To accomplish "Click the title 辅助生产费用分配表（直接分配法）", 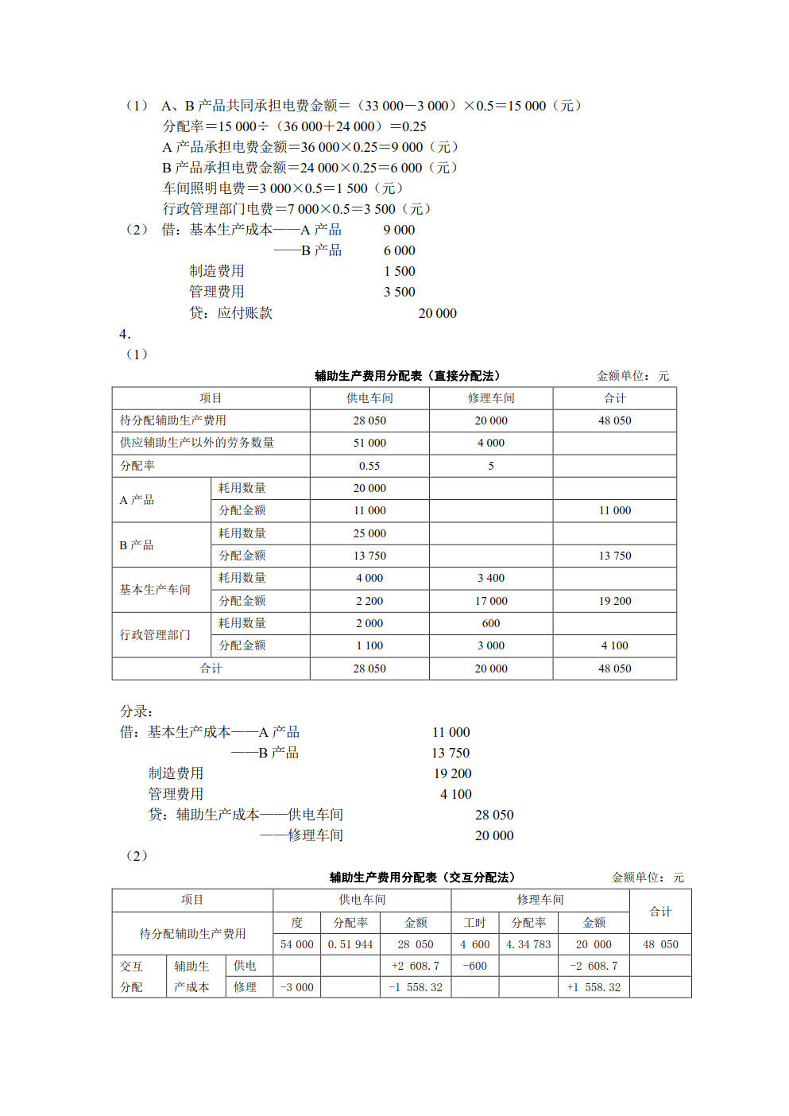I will pyautogui.click(x=407, y=376).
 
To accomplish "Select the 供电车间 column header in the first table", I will pyautogui.click(x=369, y=398).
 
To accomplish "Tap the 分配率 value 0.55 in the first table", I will pyautogui.click(x=369, y=466).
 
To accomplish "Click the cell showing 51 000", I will pyautogui.click(x=369, y=443).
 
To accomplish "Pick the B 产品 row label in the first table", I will pyautogui.click(x=137, y=545).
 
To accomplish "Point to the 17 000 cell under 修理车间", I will pyautogui.click(x=491, y=601).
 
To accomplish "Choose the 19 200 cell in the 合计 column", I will pyautogui.click(x=615, y=601).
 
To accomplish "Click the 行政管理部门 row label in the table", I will pyautogui.click(x=155, y=635).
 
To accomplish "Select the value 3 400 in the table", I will pyautogui.click(x=491, y=578).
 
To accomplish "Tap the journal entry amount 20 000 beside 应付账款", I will pyautogui.click(x=438, y=313).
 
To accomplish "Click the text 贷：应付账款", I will pyautogui.click(x=230, y=313).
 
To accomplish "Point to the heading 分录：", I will pyautogui.click(x=137, y=711).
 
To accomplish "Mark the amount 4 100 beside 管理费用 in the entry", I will pyautogui.click(x=456, y=794).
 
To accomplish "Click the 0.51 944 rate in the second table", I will pyautogui.click(x=350, y=944).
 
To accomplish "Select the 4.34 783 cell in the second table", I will pyautogui.click(x=528, y=944).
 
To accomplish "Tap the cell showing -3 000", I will pyautogui.click(x=297, y=987).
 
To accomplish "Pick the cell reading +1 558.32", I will pyautogui.click(x=594, y=987).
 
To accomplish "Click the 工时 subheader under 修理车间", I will pyautogui.click(x=475, y=923).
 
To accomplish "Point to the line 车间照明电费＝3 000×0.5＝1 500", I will pyautogui.click(x=283, y=188).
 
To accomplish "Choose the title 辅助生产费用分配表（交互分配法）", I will pyautogui.click(x=422, y=878).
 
